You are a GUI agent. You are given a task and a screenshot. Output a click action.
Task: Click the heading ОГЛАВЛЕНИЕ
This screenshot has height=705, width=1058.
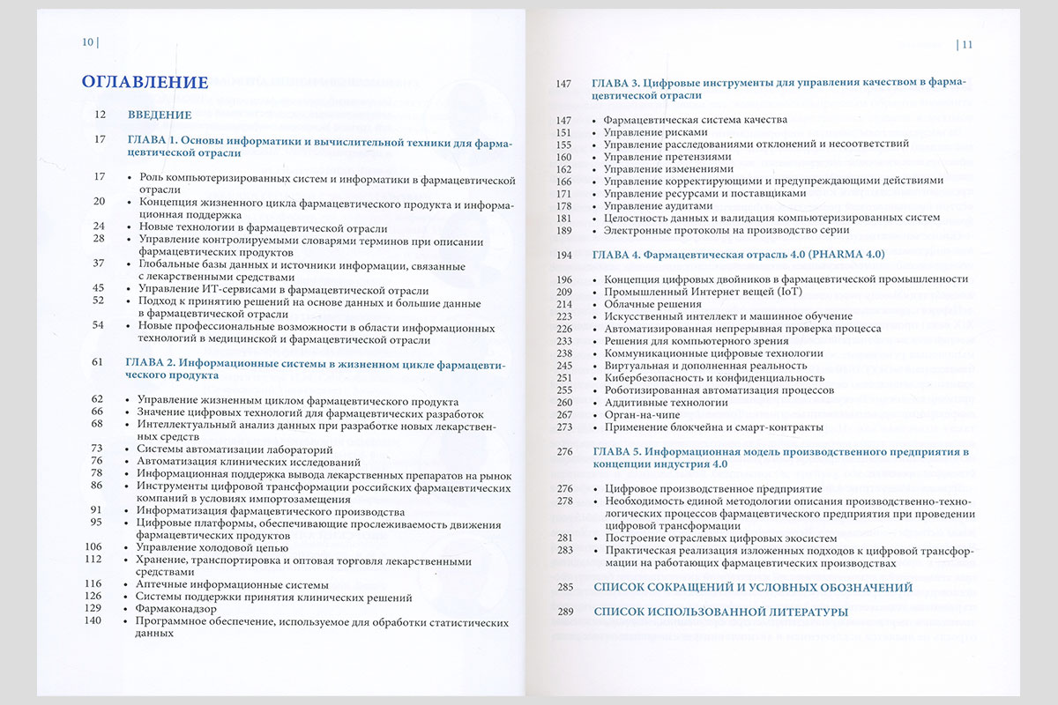[145, 82]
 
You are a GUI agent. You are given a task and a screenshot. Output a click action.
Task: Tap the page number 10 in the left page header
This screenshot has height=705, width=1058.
[88, 42]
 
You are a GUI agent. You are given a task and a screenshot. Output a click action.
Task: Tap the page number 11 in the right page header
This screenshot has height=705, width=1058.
[966, 43]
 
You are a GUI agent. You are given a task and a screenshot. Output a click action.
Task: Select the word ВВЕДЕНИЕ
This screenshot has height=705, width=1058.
[160, 115]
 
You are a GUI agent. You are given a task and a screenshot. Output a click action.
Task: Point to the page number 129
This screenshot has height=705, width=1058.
[93, 608]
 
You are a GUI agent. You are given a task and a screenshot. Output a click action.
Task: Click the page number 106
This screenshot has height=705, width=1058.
[93, 546]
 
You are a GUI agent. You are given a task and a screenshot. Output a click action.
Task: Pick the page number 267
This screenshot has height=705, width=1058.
[564, 415]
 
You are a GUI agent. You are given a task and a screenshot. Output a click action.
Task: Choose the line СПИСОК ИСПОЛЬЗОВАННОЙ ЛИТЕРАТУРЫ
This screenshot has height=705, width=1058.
[721, 612]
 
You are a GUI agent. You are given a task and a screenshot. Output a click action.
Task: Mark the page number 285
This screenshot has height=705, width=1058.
[564, 587]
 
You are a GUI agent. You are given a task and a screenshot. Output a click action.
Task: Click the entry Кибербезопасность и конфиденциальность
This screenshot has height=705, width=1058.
[714, 378]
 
